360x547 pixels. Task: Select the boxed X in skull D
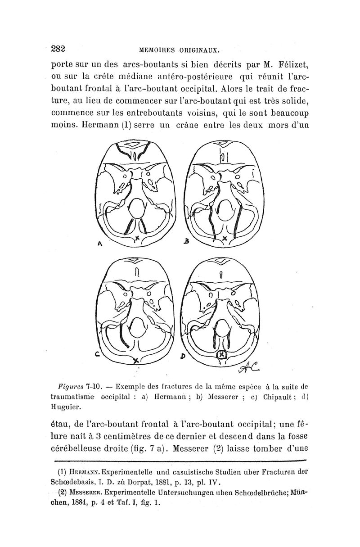pos(221,356)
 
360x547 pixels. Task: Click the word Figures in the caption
pos(72,386)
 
